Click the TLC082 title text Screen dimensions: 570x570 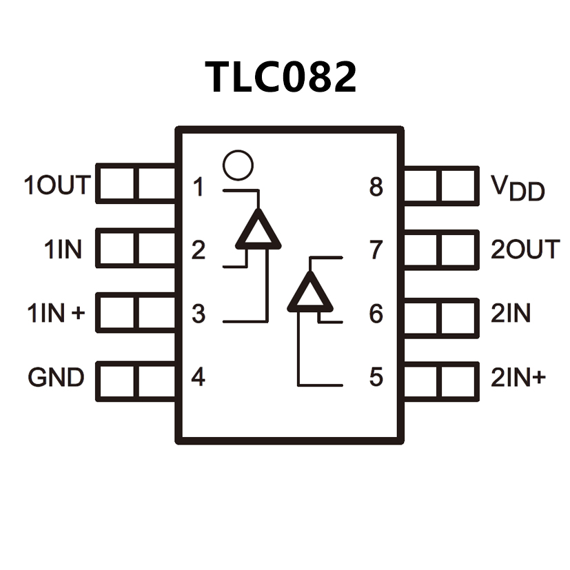point(281,77)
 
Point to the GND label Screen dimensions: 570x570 point(57,378)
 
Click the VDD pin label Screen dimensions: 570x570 point(518,187)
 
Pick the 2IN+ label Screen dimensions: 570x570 point(518,378)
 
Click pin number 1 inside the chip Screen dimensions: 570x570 point(199,187)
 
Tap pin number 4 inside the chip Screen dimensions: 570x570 point(199,378)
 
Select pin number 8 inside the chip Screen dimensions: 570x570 point(376,187)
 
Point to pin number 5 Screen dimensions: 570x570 point(376,378)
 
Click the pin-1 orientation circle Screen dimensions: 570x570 point(238,165)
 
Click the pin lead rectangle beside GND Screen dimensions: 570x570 point(136,379)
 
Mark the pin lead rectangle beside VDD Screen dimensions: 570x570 point(440,185)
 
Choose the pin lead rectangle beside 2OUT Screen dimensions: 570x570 point(440,250)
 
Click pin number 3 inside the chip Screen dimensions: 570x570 point(199,314)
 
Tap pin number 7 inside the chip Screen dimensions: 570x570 point(376,250)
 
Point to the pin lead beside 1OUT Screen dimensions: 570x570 point(136,183)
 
